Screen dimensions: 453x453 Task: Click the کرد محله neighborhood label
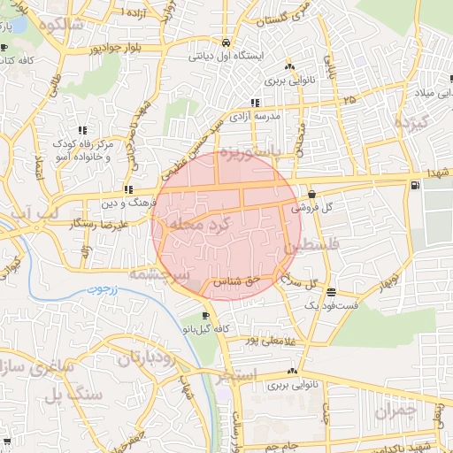205,226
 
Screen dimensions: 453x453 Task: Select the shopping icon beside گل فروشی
311,194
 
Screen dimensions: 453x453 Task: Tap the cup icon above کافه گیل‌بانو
205,315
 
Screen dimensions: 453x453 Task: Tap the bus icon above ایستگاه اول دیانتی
228,42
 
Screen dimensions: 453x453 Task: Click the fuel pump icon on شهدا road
416,185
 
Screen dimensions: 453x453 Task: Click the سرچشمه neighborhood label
159,274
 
